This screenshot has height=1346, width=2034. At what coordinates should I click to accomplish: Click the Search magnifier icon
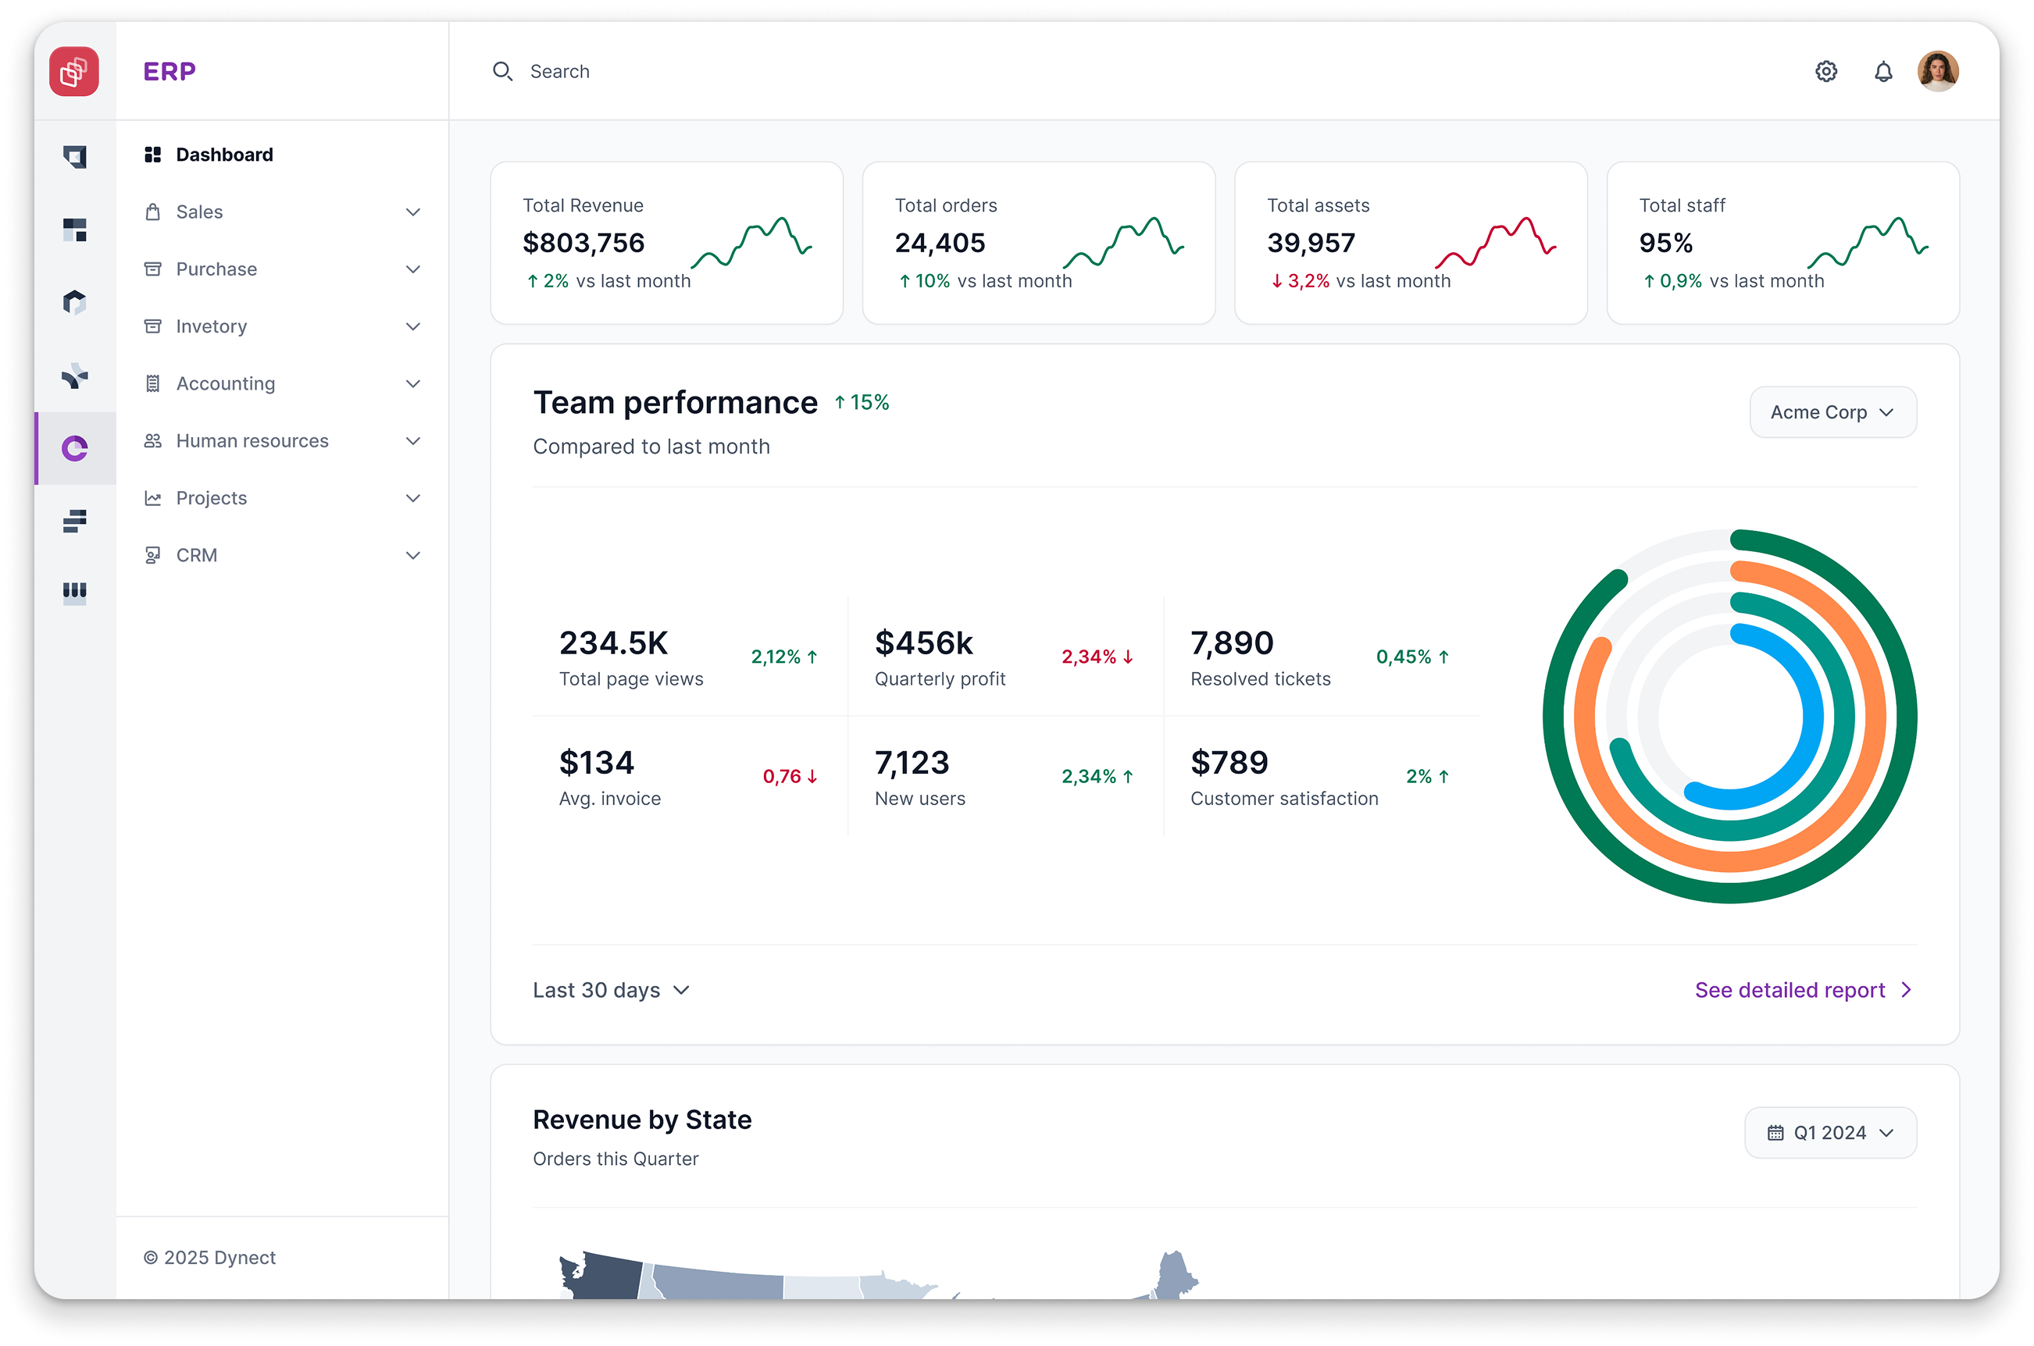pyautogui.click(x=502, y=71)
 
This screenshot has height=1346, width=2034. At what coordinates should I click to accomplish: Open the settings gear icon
pyautogui.click(x=1826, y=71)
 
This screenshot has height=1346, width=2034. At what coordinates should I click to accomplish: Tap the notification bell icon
pyautogui.click(x=1883, y=71)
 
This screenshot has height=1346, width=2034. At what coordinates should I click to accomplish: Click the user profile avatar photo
pyautogui.click(x=1938, y=71)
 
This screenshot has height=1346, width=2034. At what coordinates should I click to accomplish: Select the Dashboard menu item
pyautogui.click(x=224, y=155)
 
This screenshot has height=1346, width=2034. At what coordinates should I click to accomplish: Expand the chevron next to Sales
pyautogui.click(x=413, y=212)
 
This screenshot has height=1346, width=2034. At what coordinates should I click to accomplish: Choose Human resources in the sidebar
pyautogui.click(x=252, y=441)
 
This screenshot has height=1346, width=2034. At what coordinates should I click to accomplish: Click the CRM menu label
pyautogui.click(x=197, y=555)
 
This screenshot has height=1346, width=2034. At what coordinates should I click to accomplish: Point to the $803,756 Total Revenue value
pyautogui.click(x=583, y=243)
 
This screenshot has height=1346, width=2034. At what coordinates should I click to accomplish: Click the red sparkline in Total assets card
pyautogui.click(x=1496, y=242)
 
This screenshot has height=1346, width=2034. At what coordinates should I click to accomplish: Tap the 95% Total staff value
pyautogui.click(x=1665, y=243)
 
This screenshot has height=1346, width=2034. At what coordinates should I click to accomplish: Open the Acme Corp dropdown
pyautogui.click(x=1832, y=412)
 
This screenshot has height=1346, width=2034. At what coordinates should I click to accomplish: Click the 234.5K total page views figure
pyautogui.click(x=613, y=643)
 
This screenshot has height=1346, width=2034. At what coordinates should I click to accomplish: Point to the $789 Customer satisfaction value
pyautogui.click(x=1229, y=762)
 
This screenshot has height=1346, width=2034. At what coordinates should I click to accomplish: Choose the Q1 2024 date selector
pyautogui.click(x=1829, y=1133)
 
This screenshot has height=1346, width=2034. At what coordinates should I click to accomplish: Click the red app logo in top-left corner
pyautogui.click(x=74, y=71)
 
